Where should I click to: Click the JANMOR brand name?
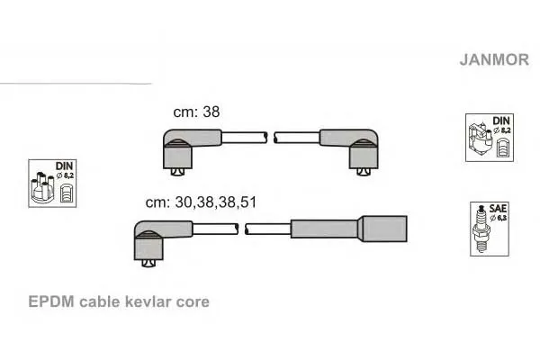[x=494, y=59]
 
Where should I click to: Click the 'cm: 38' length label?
[x=196, y=112]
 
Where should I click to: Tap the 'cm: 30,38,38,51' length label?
[x=201, y=202]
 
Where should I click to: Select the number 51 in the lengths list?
[x=248, y=202]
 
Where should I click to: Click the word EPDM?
[x=51, y=301]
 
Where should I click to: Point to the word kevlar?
[x=148, y=301]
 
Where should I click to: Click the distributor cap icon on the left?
[x=42, y=187]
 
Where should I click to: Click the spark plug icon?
[x=481, y=229]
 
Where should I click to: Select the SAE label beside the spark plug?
[x=498, y=209]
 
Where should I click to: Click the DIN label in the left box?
[x=65, y=166]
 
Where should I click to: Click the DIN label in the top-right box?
[x=501, y=121]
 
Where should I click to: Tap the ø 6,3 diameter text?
[x=499, y=218]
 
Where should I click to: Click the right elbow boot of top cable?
[x=355, y=148]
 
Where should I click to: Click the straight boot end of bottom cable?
[x=349, y=229]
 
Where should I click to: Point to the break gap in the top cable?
[x=271, y=138]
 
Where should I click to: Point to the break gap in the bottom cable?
[x=242, y=229]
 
